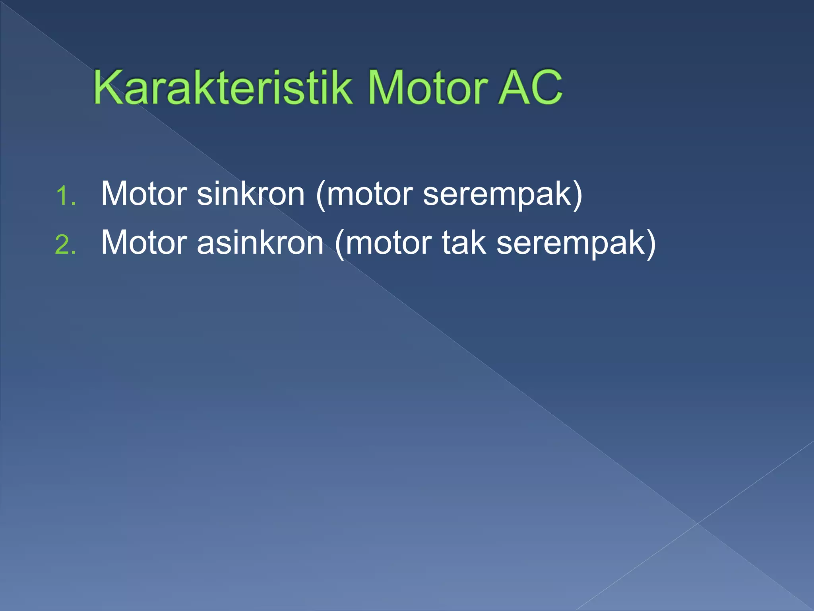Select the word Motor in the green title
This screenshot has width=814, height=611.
[427, 88]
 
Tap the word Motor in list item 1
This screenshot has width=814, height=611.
[144, 194]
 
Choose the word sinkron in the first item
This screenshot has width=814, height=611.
[251, 194]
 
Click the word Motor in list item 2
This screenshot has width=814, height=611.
[144, 242]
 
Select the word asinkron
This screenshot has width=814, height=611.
[260, 242]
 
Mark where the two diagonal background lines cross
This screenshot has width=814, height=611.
[697, 523]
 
